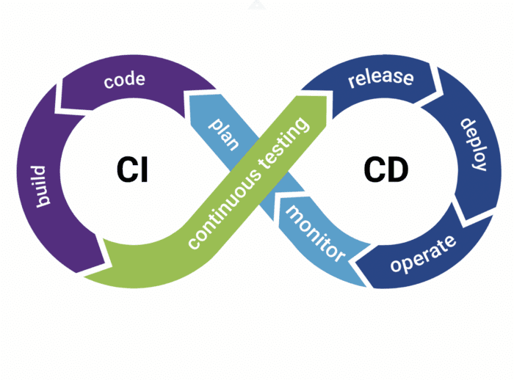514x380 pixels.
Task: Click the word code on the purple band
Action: tap(124, 81)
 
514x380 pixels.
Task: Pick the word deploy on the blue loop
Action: tap(474, 144)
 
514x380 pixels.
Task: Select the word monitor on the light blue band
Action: tap(315, 234)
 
